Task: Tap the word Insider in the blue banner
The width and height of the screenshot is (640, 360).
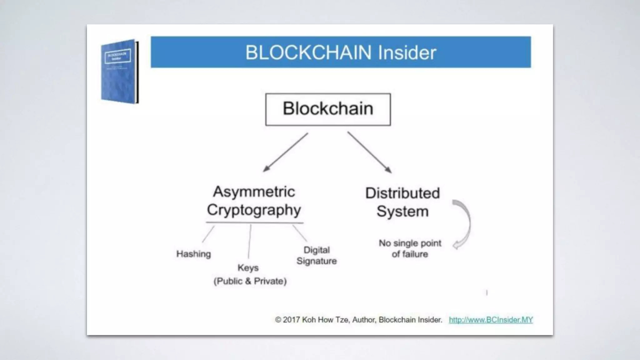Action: click(x=407, y=52)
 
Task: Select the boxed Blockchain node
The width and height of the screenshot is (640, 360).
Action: click(x=328, y=109)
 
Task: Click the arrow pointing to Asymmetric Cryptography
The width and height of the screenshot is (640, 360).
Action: click(x=285, y=152)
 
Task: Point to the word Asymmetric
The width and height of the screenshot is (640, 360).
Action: click(x=254, y=192)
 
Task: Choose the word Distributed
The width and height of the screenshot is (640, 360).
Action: click(x=402, y=193)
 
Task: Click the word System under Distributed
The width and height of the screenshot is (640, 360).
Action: click(x=402, y=212)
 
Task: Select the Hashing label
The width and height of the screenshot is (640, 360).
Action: click(x=193, y=254)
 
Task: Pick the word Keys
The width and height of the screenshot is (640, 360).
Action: click(x=248, y=268)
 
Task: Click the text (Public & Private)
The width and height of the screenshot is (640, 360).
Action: click(x=250, y=281)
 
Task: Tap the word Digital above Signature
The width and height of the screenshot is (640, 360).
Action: click(x=317, y=250)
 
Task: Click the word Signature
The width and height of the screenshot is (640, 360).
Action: click(x=317, y=261)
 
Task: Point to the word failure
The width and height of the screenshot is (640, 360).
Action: click(x=414, y=254)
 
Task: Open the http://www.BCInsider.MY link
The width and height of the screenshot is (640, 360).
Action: click(x=491, y=320)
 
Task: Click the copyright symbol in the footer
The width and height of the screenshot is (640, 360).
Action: click(x=278, y=320)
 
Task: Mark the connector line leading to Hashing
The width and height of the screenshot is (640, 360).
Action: click(x=208, y=234)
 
